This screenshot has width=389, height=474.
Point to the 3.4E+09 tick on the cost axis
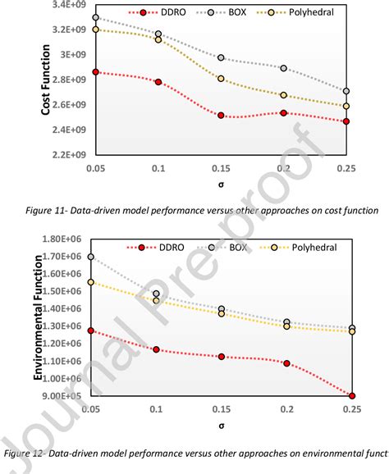67,5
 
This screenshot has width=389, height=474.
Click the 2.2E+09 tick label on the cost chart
67,154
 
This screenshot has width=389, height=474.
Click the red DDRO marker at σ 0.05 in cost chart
96,72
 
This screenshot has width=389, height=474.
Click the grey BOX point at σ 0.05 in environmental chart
90,257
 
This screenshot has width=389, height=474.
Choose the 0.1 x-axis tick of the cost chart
158,167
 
